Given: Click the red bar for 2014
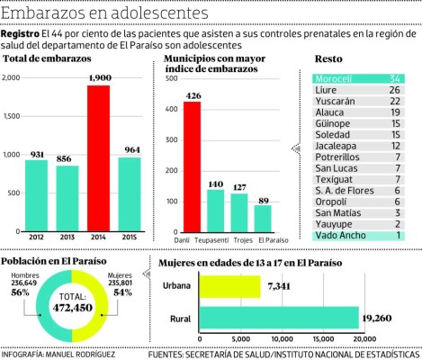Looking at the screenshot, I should click(x=99, y=157).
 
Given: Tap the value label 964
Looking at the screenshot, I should click(x=131, y=149).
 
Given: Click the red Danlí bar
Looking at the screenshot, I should click(x=192, y=166).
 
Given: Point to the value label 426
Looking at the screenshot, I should click(x=192, y=94).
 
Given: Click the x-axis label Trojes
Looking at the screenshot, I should click(x=239, y=240).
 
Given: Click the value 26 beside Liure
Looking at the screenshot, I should click(x=394, y=90).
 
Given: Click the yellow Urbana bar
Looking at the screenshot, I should click(x=229, y=286).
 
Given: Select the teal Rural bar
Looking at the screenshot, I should click(x=280, y=318).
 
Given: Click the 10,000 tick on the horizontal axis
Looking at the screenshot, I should click(x=281, y=339).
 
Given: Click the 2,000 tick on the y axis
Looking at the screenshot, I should click(x=11, y=78).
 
